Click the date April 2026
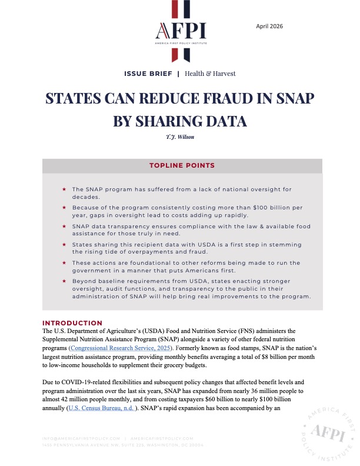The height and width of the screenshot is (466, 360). pos(270,26)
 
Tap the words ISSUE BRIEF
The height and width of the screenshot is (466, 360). pos(148,74)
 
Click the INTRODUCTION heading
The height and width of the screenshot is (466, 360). pos(72,323)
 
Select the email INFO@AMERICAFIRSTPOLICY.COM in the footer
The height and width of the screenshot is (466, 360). pos(81,438)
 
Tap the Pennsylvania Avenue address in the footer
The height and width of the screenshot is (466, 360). pos(123,445)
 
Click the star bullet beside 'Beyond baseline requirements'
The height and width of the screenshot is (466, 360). pos(64,281)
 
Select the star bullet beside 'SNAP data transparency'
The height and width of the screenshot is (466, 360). pos(64,226)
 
